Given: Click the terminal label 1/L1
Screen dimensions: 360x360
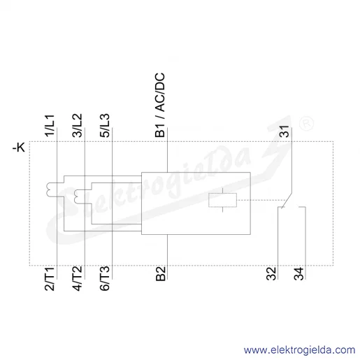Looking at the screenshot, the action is point(50,125).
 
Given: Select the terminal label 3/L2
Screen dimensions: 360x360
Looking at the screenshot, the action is point(78,125).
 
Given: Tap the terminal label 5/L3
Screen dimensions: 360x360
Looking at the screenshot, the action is point(105,125).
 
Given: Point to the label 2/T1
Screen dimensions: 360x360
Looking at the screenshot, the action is point(50,279).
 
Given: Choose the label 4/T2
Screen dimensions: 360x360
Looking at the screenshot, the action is point(78,279).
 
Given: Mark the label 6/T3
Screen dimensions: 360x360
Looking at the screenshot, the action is point(105,279).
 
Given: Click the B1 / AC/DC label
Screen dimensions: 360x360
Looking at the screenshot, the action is point(160,105).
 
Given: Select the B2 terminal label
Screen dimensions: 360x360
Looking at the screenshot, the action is point(160,274).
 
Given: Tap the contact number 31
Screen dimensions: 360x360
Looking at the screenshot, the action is point(285,131).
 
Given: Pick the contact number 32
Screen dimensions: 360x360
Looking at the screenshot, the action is point(271,273).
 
